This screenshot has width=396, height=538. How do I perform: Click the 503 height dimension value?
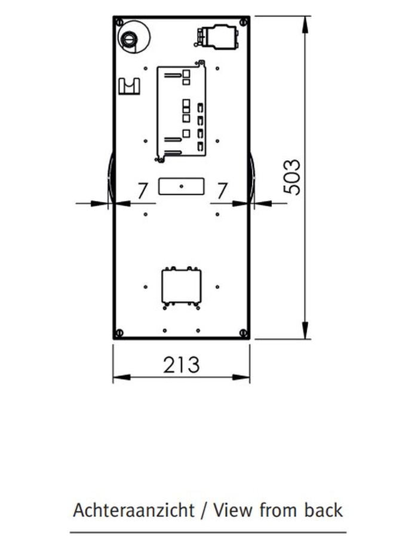tap(292, 177)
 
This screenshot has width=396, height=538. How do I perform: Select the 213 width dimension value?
tap(181, 365)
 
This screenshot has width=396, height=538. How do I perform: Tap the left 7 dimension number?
tap(143, 191)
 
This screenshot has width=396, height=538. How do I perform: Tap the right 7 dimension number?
tap(223, 191)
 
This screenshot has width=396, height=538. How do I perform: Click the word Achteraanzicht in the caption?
tap(134, 511)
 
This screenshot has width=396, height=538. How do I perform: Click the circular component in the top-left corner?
tap(134, 36)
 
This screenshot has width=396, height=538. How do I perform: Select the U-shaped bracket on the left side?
tap(129, 87)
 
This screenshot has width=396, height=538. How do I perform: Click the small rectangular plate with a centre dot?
tap(182, 187)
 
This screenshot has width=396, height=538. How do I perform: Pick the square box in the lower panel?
tap(182, 286)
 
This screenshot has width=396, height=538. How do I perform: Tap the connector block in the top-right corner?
tap(216, 36)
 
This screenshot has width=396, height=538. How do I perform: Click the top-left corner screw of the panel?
tap(119, 23)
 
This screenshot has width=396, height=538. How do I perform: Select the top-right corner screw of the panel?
tap(244, 23)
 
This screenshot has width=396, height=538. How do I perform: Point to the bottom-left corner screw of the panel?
tap(119, 332)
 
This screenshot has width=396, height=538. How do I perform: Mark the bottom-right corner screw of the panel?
tap(244, 332)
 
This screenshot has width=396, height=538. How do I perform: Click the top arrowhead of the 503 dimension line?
tap(305, 25)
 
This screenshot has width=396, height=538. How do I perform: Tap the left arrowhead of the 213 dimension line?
tap(122, 377)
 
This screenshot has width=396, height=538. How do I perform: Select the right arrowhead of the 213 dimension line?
tap(241, 377)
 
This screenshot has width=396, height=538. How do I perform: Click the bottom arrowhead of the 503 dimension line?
tap(305, 331)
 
